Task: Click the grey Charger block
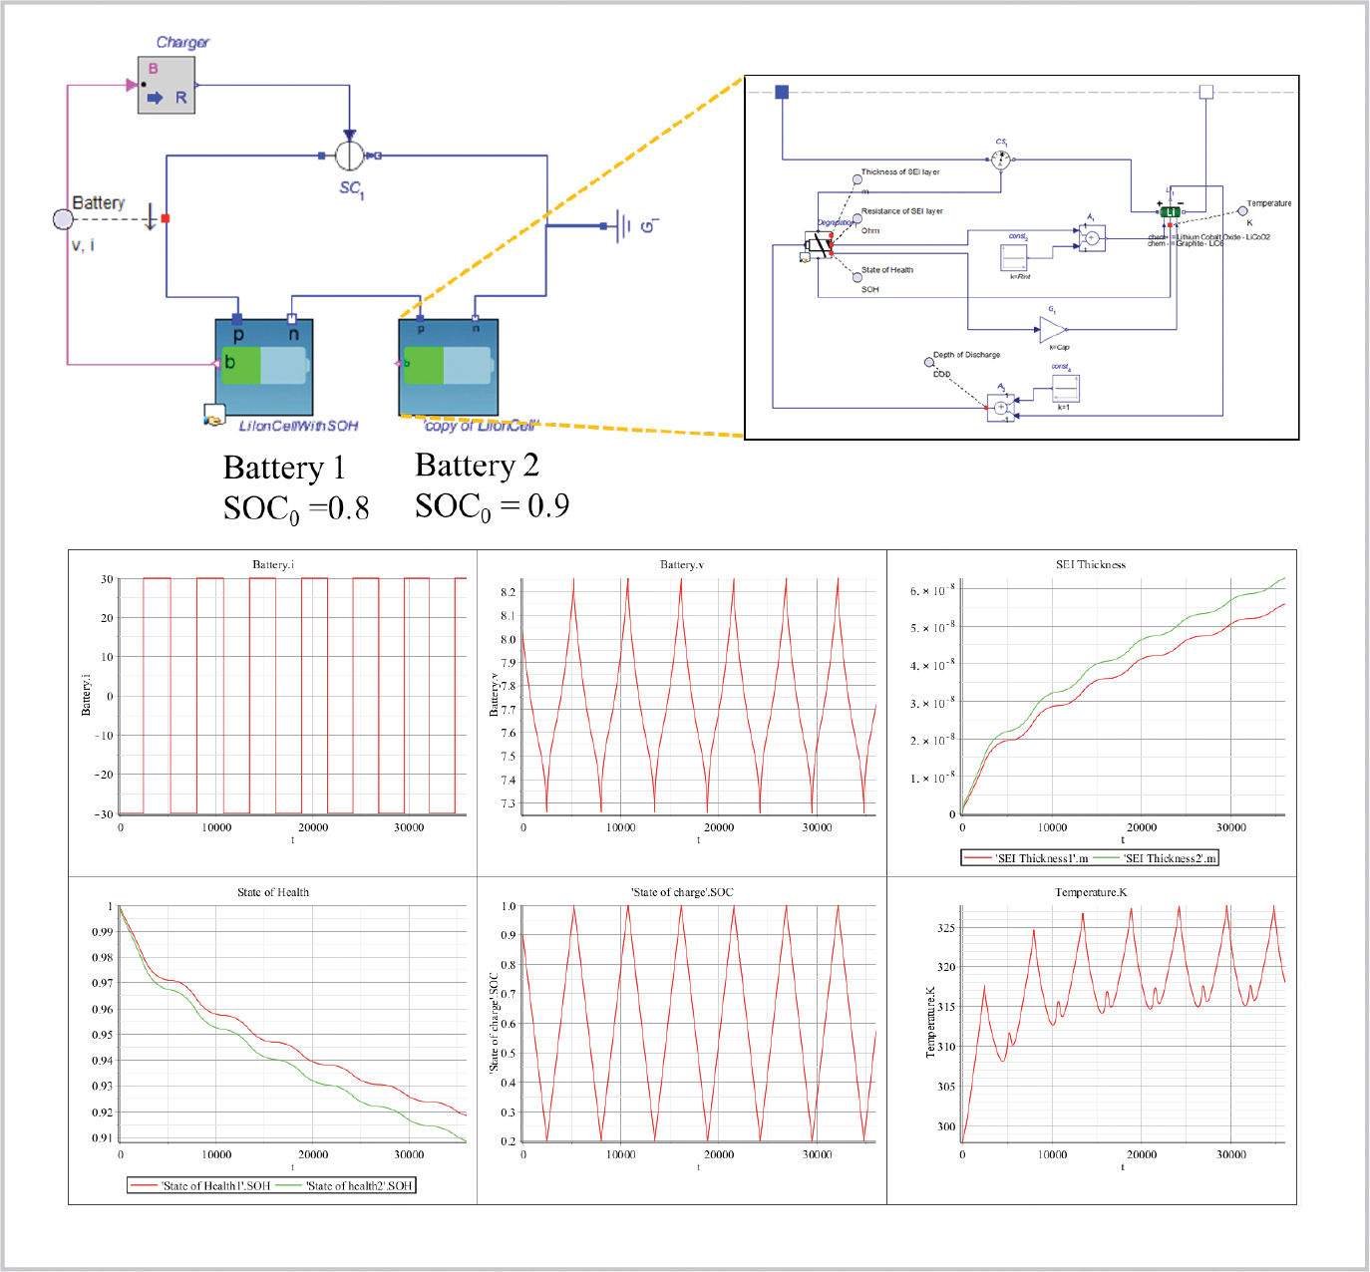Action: pyautogui.click(x=167, y=85)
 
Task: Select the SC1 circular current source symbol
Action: pyautogui.click(x=349, y=156)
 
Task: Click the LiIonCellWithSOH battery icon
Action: pyautogui.click(x=264, y=367)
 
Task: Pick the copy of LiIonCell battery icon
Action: pyautogui.click(x=448, y=366)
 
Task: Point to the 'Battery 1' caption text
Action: pyautogui.click(x=284, y=468)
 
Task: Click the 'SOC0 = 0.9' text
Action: pyautogui.click(x=492, y=506)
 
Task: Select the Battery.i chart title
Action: pyautogui.click(x=272, y=564)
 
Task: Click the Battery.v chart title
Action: pyautogui.click(x=681, y=564)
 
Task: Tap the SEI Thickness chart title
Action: pyautogui.click(x=1090, y=564)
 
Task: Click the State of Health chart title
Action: pyautogui.click(x=272, y=892)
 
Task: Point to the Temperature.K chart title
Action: pyautogui.click(x=1090, y=892)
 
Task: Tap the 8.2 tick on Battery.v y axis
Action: pyautogui.click(x=508, y=592)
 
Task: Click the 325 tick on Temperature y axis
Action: pyautogui.click(x=945, y=928)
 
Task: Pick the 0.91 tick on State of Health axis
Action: pyautogui.click(x=102, y=1137)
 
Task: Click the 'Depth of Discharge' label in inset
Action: pyautogui.click(x=966, y=355)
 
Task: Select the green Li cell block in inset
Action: pyautogui.click(x=1170, y=211)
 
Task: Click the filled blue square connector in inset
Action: pyautogui.click(x=782, y=92)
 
